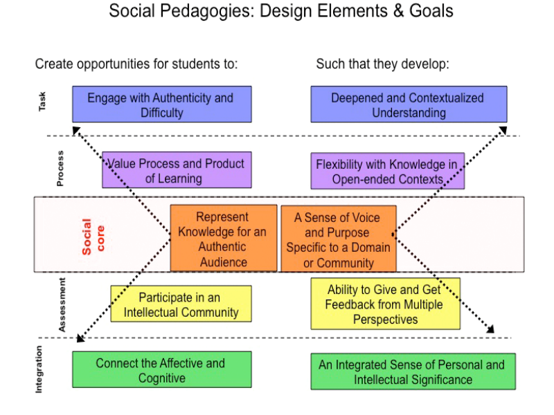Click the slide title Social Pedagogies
pos(281,12)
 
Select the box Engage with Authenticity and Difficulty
pos(162,104)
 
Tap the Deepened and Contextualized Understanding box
pos(408,104)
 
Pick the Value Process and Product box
pos(177,170)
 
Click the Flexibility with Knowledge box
pos(387,171)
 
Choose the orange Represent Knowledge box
pos(223,239)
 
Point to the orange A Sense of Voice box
pos(339,239)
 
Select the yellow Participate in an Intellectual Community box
pos(181,304)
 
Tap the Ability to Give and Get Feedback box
pos(385,304)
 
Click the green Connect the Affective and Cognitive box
pos(161,370)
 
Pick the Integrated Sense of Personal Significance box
pos(413,371)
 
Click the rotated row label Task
pos(43,103)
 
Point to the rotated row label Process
pos(60,168)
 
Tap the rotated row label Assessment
pos(62,305)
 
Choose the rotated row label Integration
pos(39,369)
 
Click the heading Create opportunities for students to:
pos(136,64)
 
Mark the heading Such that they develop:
pos(383,64)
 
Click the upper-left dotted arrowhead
pos(76,129)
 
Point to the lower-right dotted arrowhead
pos(490,329)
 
